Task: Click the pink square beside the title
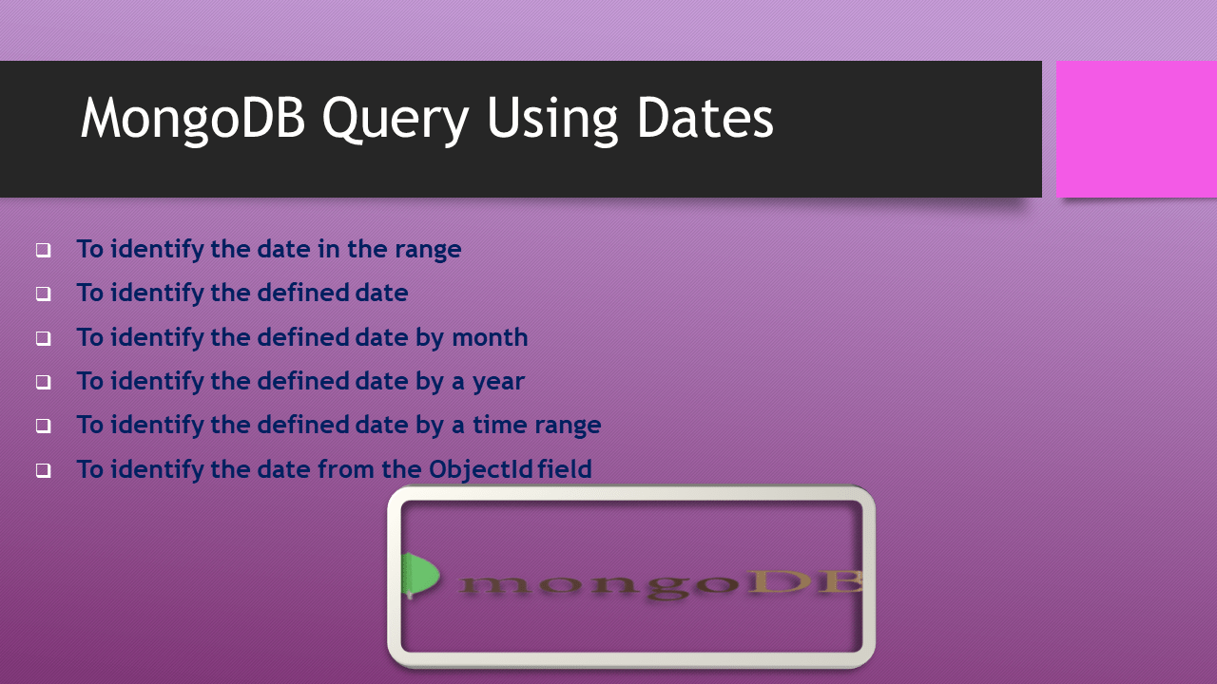[1136, 129]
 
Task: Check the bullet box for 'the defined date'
[44, 294]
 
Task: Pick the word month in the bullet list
[490, 337]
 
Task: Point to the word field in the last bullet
[565, 469]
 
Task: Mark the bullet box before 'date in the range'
[44, 251]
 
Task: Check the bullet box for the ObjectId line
[44, 470]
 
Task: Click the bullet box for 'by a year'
[44, 383]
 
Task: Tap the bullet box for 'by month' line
[44, 338]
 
